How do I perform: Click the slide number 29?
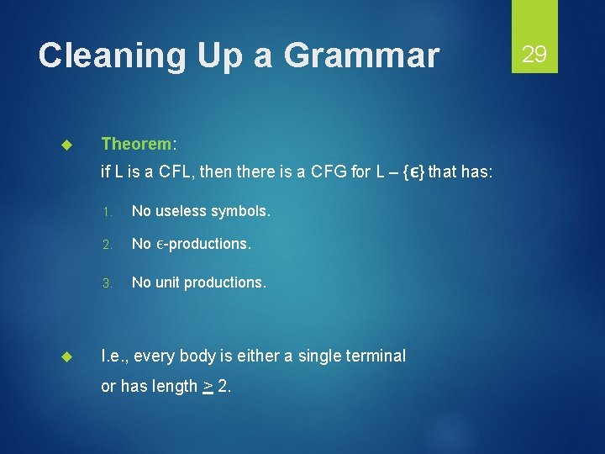coord(534,55)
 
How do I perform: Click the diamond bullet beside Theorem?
coord(70,145)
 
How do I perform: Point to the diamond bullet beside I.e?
coord(70,356)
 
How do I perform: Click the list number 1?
coord(106,211)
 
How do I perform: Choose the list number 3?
coord(106,282)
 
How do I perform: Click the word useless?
coord(181,210)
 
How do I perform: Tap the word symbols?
coord(240,210)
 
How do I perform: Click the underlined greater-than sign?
coord(207,387)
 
